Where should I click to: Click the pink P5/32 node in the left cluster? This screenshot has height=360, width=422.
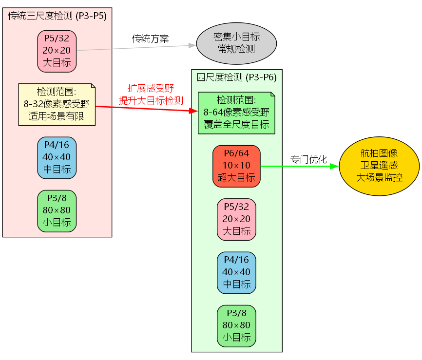(x=57, y=51)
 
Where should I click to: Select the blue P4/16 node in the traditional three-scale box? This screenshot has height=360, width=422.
(x=57, y=157)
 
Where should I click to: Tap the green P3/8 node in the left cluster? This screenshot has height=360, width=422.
(x=57, y=211)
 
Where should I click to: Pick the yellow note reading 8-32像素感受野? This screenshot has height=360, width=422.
(x=57, y=104)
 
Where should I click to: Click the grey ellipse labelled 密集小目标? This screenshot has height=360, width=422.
(x=236, y=43)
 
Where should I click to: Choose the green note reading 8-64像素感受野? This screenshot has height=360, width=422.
(x=236, y=113)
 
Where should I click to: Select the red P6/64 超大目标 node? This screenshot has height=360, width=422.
(x=236, y=166)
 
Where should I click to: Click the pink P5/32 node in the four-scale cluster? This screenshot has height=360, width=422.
(x=236, y=219)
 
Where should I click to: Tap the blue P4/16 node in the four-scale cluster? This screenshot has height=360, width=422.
(x=236, y=272)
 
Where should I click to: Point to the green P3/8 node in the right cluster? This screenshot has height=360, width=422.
(x=236, y=325)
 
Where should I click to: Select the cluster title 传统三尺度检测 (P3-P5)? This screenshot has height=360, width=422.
(x=57, y=15)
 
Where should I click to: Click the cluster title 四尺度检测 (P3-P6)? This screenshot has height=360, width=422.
(x=236, y=77)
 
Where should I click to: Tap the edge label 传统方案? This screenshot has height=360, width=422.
(x=151, y=38)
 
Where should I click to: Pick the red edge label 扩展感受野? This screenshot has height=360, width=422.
(x=151, y=88)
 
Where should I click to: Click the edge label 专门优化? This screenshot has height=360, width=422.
(x=308, y=159)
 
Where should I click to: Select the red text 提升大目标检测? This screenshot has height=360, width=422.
(x=151, y=101)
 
